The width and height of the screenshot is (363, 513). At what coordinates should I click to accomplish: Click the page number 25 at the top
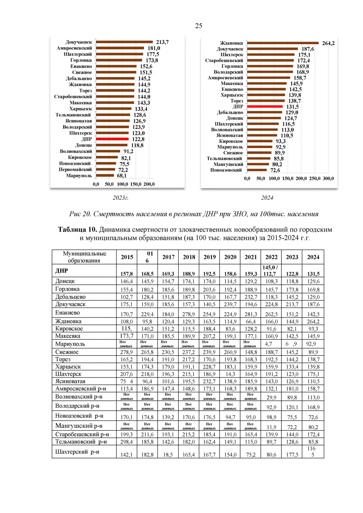[x=198, y=26]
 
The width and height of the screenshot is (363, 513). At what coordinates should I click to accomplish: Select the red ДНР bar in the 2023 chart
[x=112, y=139]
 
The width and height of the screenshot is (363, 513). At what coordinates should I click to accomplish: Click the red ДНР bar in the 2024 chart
[x=264, y=106]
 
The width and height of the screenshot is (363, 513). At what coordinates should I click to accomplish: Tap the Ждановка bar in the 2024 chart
[x=283, y=43]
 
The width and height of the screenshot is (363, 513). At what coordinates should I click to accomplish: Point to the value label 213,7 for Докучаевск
[x=162, y=42]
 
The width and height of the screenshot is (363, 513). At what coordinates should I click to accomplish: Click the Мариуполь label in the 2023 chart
[x=79, y=176]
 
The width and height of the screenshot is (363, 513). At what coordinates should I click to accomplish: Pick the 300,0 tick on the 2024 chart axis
[x=328, y=178]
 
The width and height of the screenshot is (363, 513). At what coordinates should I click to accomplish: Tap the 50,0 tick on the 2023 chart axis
[x=109, y=184]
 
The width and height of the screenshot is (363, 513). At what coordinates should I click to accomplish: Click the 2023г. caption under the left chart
[x=120, y=198]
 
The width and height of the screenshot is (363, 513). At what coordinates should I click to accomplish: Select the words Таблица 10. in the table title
[x=77, y=229]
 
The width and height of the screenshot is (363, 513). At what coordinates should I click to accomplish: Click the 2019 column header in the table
[x=209, y=257]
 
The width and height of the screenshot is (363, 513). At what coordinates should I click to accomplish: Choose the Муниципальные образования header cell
[x=84, y=257]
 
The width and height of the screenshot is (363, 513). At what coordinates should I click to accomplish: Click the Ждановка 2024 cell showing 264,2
[x=313, y=322]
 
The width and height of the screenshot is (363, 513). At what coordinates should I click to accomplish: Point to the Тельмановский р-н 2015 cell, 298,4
[x=126, y=442]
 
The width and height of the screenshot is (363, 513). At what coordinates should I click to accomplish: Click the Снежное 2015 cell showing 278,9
[x=126, y=352]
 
